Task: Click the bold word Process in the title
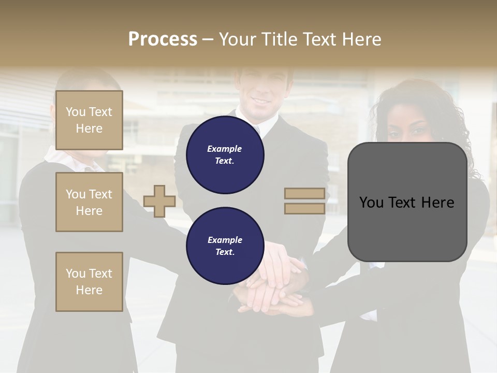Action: click(163, 39)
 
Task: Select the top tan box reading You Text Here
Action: click(89, 120)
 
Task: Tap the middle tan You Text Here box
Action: click(89, 202)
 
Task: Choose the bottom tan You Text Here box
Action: click(89, 282)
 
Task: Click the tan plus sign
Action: click(159, 201)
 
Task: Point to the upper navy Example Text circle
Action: click(225, 154)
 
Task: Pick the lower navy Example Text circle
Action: click(225, 246)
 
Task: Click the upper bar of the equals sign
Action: click(304, 193)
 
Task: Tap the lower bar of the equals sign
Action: click(304, 208)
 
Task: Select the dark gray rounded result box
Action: click(407, 202)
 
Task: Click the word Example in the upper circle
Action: click(225, 149)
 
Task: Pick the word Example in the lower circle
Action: click(225, 240)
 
